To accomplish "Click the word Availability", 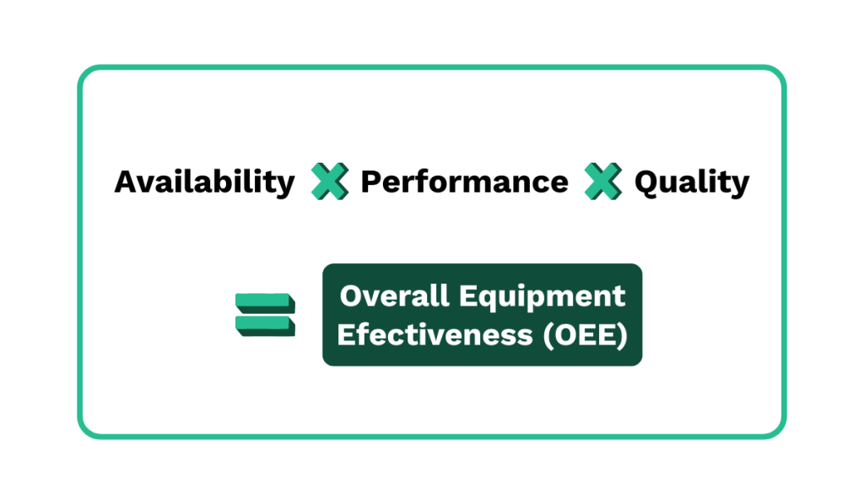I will point(205,182).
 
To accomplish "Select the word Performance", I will point(464,182).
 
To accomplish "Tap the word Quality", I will point(691,182).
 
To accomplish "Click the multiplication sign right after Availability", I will point(329,182).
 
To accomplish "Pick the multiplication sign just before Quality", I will point(602,182).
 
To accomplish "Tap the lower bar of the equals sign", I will point(265,325).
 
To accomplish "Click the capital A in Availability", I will point(126,182).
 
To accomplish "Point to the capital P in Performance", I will point(370,182).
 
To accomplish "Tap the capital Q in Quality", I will point(646,182).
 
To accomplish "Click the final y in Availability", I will point(285,186).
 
